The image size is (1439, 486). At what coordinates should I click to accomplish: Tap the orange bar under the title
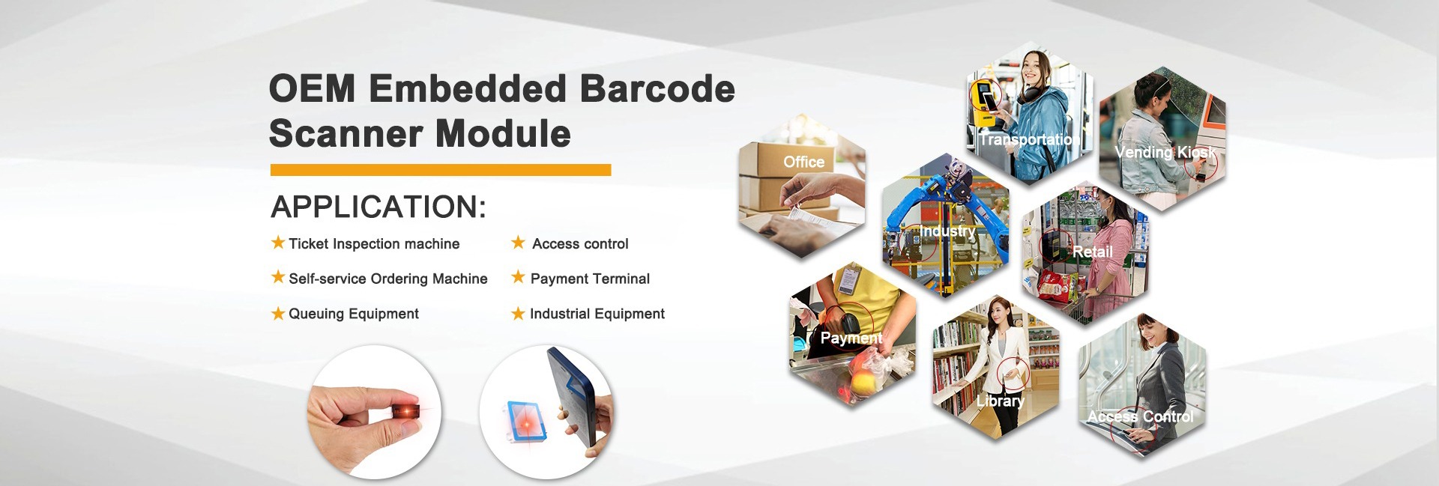coord(441,170)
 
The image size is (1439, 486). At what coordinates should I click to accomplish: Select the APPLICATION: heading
coord(378,207)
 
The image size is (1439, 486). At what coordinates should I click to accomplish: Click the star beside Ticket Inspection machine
coord(278,243)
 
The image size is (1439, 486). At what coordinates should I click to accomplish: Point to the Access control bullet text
coord(580,243)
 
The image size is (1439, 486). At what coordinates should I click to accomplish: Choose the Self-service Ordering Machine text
coord(388,279)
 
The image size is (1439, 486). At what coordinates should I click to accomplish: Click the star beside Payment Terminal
coord(518,278)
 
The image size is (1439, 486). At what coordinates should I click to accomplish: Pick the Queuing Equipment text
coord(354,314)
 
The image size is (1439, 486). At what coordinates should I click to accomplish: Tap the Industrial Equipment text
coord(597,314)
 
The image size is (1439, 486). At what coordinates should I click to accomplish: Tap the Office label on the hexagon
coord(803,162)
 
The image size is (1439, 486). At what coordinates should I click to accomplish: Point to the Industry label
coord(948,231)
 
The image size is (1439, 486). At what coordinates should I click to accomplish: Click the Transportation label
coord(1029,139)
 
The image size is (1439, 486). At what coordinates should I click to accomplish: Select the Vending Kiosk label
coord(1165,152)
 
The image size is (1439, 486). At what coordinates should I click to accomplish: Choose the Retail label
coord(1093,252)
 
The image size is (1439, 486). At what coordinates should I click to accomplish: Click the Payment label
coord(851,338)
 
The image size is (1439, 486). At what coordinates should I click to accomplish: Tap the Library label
coord(1000,401)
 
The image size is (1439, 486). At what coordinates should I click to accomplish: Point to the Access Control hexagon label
coord(1140,416)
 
